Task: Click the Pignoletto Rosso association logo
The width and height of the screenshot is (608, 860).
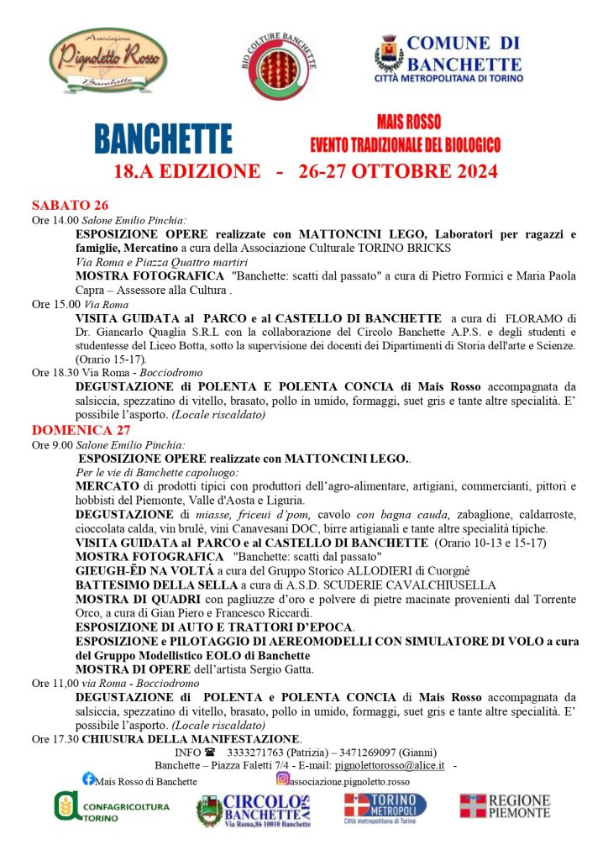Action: coord(107,60)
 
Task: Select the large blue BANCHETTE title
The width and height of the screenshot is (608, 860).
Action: coord(163,139)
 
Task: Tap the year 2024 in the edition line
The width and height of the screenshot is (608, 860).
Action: coord(470,171)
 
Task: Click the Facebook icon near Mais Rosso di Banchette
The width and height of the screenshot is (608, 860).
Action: coord(88,779)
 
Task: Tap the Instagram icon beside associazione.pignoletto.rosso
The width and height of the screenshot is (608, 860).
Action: coord(282,779)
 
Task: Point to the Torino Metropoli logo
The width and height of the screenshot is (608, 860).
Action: coord(385,808)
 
